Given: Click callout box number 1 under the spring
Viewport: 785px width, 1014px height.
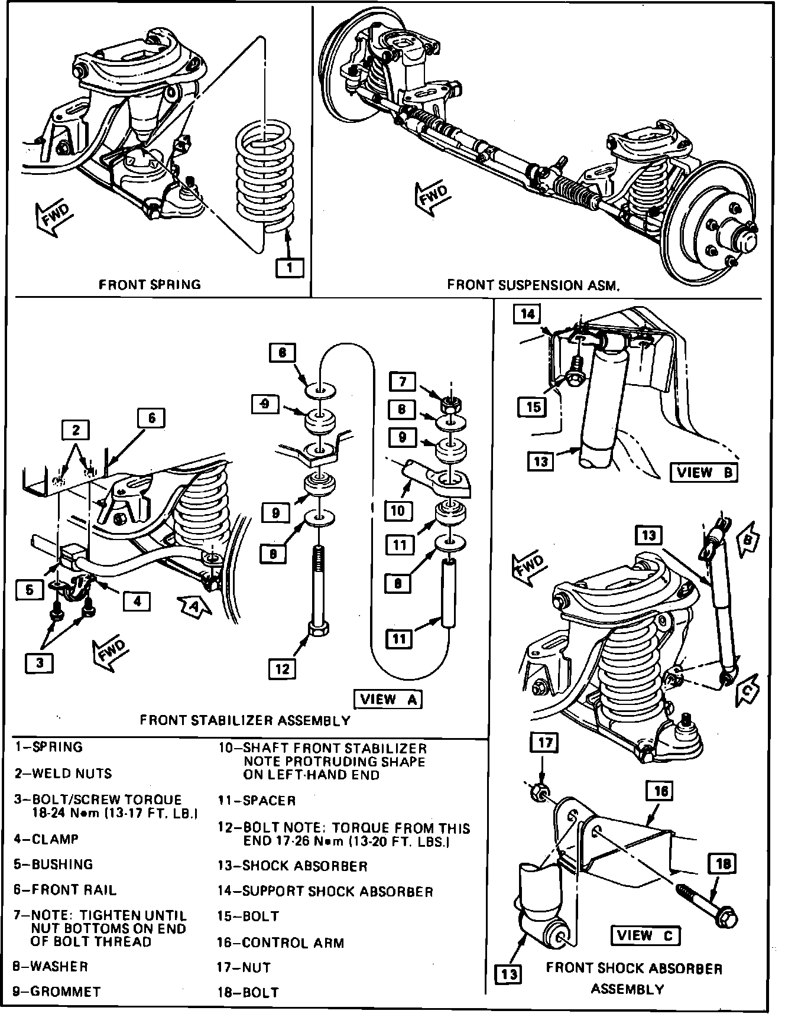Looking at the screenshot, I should [290, 268].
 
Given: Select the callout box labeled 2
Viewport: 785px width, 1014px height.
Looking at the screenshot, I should [76, 430].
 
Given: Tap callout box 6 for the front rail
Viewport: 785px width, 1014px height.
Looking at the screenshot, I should [151, 418].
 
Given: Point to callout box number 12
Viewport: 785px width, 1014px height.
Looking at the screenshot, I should [283, 668].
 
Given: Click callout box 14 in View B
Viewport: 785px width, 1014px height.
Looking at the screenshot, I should [527, 314].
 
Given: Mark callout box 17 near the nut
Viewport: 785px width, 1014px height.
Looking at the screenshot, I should [545, 742].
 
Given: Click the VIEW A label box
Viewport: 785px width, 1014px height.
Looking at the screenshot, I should [388, 699].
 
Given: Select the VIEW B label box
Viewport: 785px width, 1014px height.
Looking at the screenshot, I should [703, 472].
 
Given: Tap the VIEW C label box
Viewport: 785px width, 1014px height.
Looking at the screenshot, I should [644, 935].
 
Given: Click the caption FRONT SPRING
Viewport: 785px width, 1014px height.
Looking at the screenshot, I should [150, 284].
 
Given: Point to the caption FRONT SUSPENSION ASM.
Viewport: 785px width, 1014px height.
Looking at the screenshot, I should [533, 285].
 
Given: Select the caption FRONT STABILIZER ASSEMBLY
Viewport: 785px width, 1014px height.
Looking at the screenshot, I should [245, 720].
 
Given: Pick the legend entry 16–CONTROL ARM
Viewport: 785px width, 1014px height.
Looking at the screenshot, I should [281, 942].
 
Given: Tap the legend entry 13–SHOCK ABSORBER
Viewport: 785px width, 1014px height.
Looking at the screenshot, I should [293, 866].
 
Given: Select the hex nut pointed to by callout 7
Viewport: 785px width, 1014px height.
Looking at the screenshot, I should [451, 405].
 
